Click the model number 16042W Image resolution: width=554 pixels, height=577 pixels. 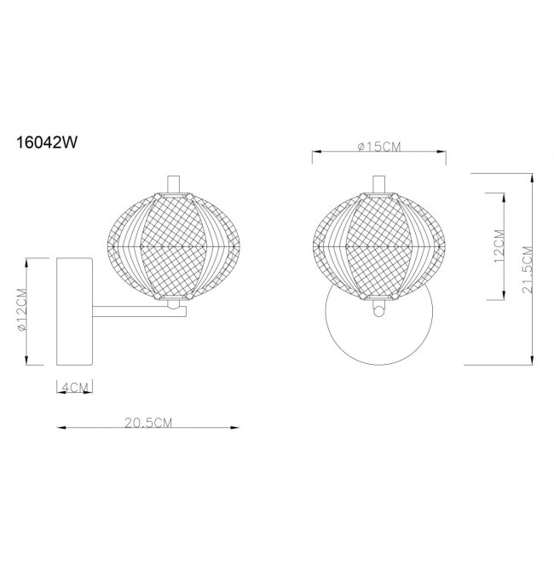(47, 142)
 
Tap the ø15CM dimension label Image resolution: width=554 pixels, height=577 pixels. (379, 147)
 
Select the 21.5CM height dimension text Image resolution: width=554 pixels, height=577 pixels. (528, 269)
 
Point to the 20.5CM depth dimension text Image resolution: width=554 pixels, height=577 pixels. (148, 423)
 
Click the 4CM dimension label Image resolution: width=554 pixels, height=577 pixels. (76, 387)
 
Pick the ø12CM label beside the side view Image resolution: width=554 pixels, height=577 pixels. (22, 310)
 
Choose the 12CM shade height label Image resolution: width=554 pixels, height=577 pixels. (499, 245)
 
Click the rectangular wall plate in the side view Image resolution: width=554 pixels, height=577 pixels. (74, 311)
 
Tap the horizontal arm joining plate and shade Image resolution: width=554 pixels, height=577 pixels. (139, 312)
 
